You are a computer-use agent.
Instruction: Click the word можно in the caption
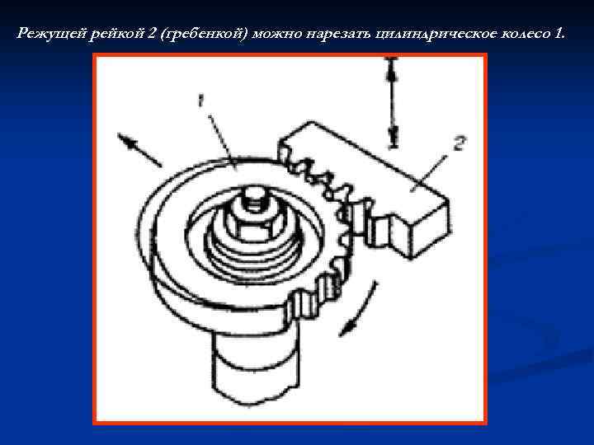276,34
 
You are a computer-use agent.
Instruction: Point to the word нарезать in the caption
339,34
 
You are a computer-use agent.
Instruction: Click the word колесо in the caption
526,34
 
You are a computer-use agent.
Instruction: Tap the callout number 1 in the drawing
201,101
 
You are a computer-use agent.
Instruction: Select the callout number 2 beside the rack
459,143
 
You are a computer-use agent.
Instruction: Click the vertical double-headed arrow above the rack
392,102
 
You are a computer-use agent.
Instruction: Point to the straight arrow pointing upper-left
139,149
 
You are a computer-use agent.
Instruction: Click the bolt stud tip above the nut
250,199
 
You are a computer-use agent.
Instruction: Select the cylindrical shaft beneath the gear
255,363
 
